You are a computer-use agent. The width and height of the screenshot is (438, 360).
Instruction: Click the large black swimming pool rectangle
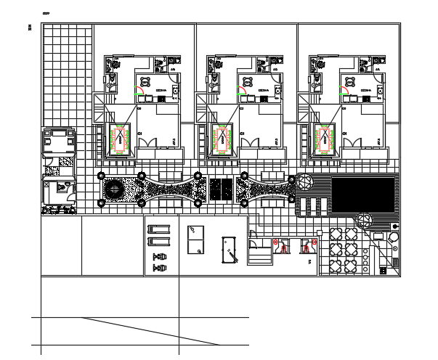[363, 193]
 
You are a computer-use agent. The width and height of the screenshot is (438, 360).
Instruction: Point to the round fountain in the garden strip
[115, 191]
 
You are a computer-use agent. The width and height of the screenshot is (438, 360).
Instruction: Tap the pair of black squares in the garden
[220, 191]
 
